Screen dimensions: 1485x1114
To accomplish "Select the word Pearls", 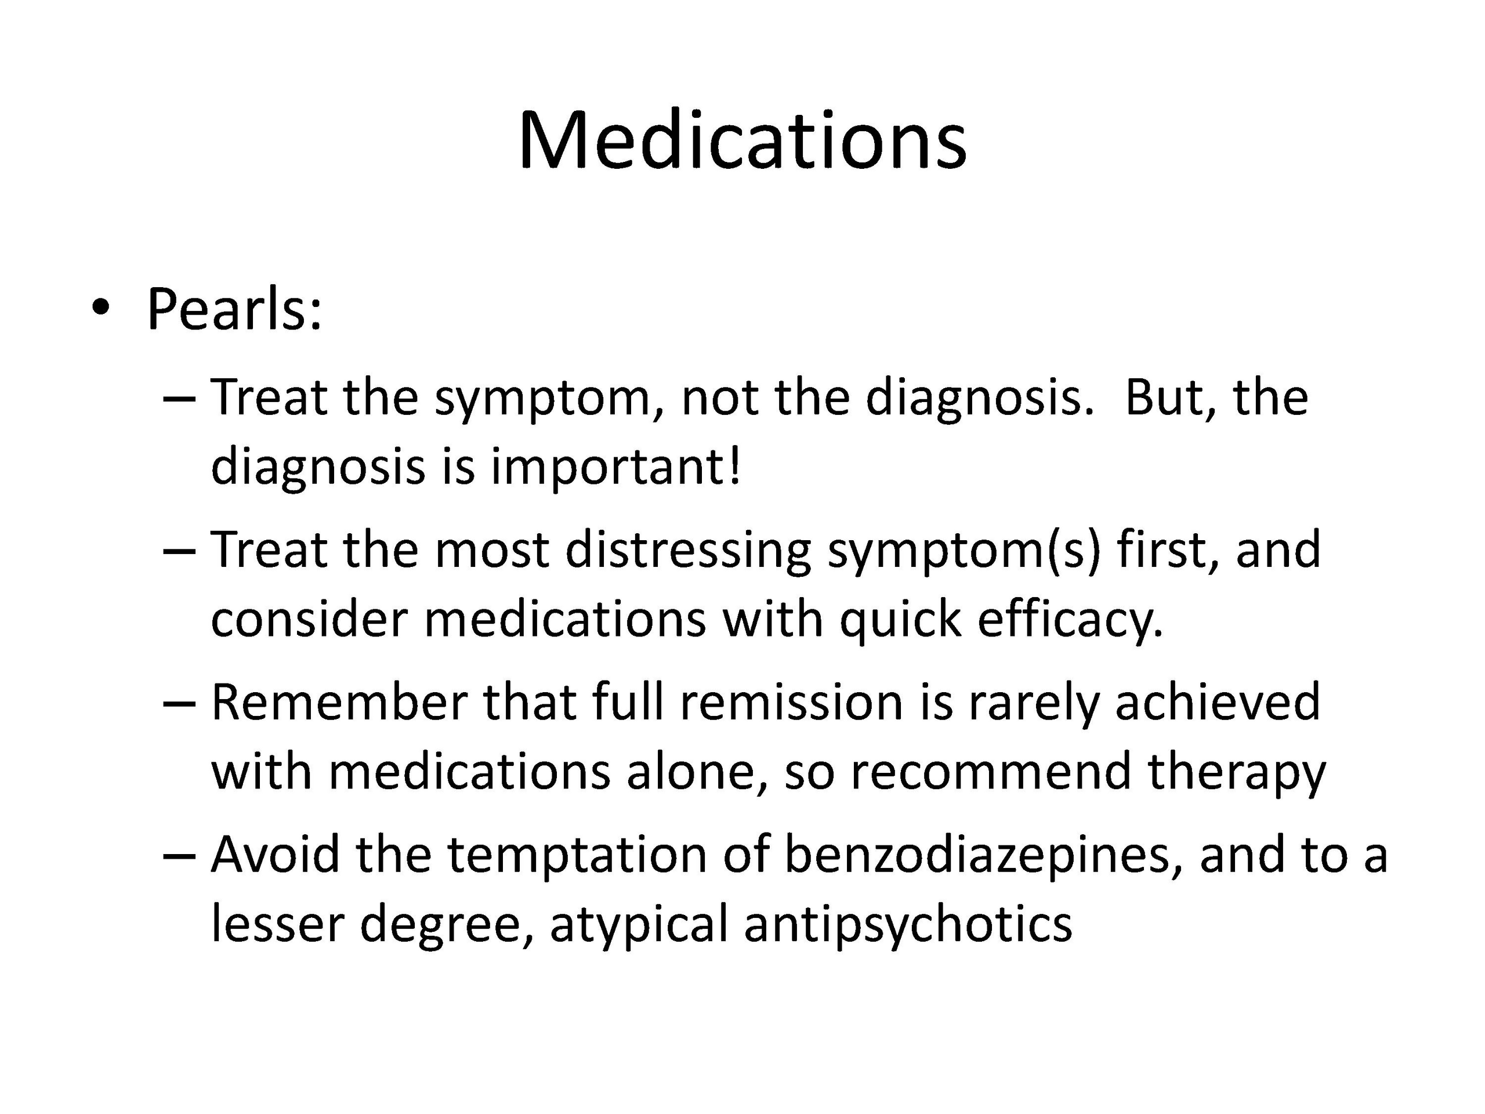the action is pyautogui.click(x=234, y=310).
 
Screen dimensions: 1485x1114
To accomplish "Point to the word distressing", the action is pyautogui.click(x=688, y=551).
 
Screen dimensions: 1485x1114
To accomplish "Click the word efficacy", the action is pyautogui.click(x=1070, y=620).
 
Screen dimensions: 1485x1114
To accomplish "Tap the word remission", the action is pyautogui.click(x=791, y=703).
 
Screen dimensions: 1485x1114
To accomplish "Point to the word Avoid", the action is pyautogui.click(x=276, y=855).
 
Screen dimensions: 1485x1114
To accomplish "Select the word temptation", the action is pyautogui.click(x=577, y=858).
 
